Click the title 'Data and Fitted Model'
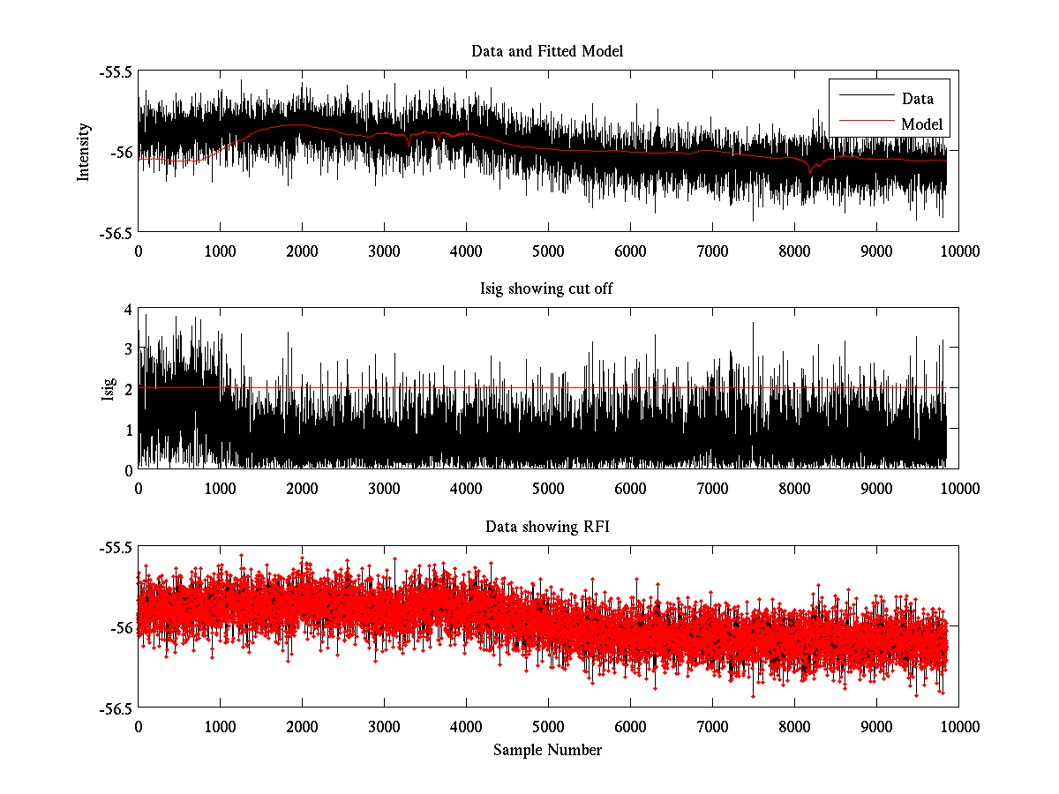547,51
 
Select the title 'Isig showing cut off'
547,288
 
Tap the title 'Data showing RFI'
547,527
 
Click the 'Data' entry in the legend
918,99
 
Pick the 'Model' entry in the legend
921,124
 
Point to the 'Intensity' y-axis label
84,152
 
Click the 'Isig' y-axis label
109,389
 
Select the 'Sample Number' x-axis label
547,750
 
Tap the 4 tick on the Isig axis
128,309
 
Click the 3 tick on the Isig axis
128,349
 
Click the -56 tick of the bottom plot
120,627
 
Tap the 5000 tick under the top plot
548,251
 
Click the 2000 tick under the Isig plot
302,488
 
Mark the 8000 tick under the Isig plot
794,488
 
